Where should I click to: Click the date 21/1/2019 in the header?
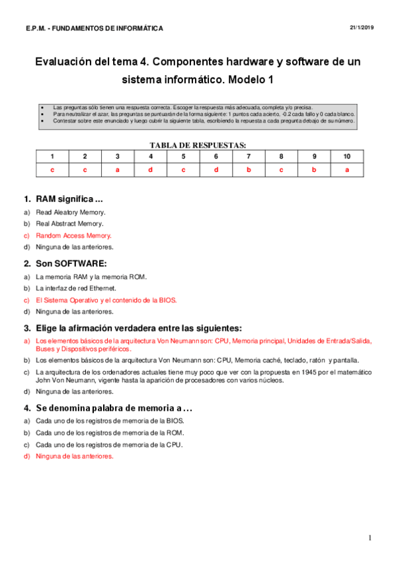tap(362, 26)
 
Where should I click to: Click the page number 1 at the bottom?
tap(370, 537)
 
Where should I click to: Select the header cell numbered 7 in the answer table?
tap(249, 157)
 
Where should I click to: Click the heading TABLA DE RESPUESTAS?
tap(198, 144)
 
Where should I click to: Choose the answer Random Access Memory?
tap(73, 236)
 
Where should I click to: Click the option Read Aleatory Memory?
tap(71, 212)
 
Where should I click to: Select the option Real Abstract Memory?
tap(69, 224)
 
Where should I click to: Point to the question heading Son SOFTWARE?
tap(68, 263)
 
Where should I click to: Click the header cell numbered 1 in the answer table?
tap(52, 157)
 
